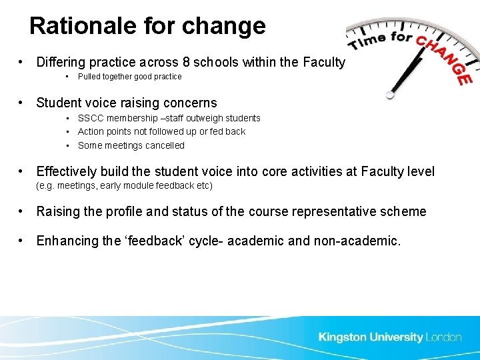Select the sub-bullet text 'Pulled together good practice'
click(x=129, y=77)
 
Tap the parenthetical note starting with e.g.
click(x=124, y=185)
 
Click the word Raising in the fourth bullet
click(x=58, y=212)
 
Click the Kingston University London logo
click(x=390, y=337)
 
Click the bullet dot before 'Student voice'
click(x=23, y=103)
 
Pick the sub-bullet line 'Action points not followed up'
click(x=161, y=131)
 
